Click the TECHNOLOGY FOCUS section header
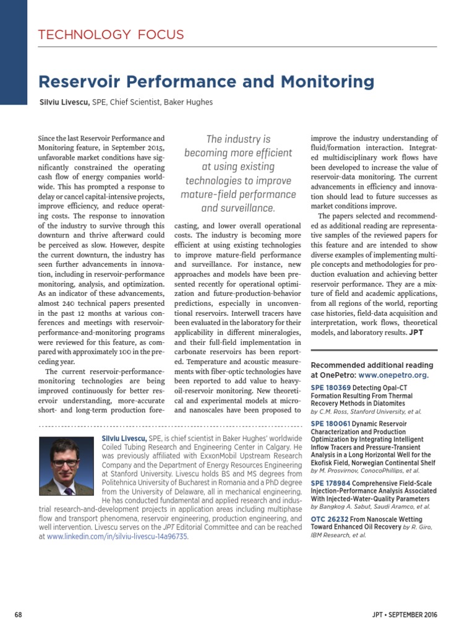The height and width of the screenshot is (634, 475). (111, 34)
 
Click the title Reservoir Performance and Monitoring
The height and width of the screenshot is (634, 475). (206, 82)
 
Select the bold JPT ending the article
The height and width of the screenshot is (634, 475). (416, 332)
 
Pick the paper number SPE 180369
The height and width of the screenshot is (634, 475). (330, 387)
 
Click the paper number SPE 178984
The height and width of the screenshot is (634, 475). (330, 483)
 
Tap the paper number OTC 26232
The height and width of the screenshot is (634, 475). (330, 519)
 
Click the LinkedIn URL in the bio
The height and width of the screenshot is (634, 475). (118, 537)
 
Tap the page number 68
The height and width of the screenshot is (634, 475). (18, 614)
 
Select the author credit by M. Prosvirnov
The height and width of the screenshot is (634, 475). (365, 471)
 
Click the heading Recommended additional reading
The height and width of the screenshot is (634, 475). (372, 365)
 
